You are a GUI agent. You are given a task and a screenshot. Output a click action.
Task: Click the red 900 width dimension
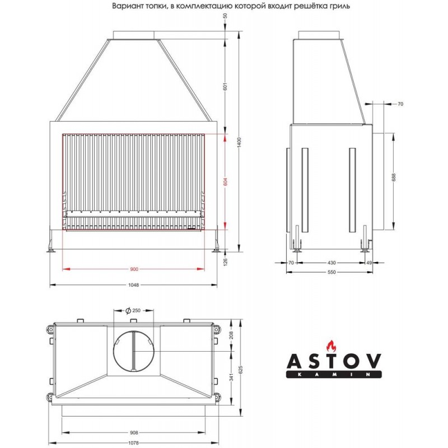click(x=134, y=269)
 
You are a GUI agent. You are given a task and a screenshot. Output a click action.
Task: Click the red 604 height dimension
click(x=225, y=181)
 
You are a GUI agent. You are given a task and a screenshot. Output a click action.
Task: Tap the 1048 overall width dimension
click(x=133, y=285)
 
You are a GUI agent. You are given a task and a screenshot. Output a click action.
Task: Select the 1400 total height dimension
click(x=240, y=142)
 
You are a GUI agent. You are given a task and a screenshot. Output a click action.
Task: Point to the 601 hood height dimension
click(x=225, y=86)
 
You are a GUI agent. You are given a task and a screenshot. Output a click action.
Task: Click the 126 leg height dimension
click(x=225, y=261)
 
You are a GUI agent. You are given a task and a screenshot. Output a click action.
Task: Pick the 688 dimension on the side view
click(x=394, y=178)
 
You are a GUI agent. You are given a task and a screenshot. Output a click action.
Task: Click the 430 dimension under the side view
click(x=332, y=263)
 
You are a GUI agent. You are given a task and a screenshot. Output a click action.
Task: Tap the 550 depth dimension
click(x=332, y=272)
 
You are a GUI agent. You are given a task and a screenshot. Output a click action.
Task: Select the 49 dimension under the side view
click(x=369, y=263)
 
